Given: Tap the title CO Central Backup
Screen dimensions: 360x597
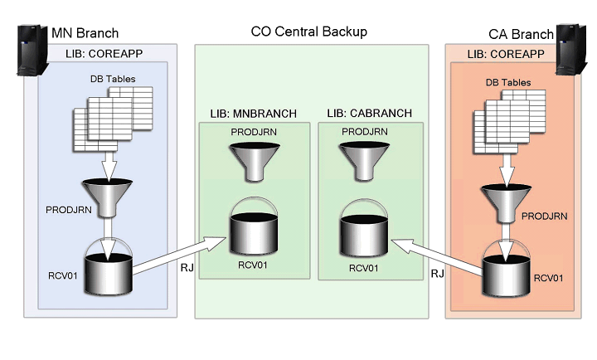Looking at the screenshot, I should (x=308, y=32).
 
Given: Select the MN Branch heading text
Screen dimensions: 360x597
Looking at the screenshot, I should (x=85, y=33).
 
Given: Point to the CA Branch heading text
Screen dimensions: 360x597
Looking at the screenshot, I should (x=521, y=34).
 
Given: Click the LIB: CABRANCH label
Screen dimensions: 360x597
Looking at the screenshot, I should (x=366, y=113).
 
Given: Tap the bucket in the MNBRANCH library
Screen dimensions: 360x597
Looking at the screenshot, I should (x=251, y=226).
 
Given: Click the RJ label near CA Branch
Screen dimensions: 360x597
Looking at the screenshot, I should (x=437, y=273).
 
